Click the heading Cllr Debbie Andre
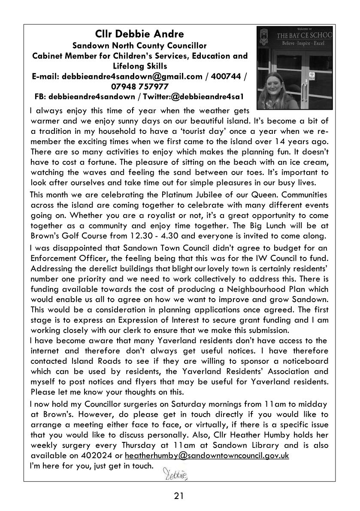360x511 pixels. pos(139,34)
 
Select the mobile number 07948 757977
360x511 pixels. pos(139,86)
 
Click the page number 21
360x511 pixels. pos(179,496)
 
